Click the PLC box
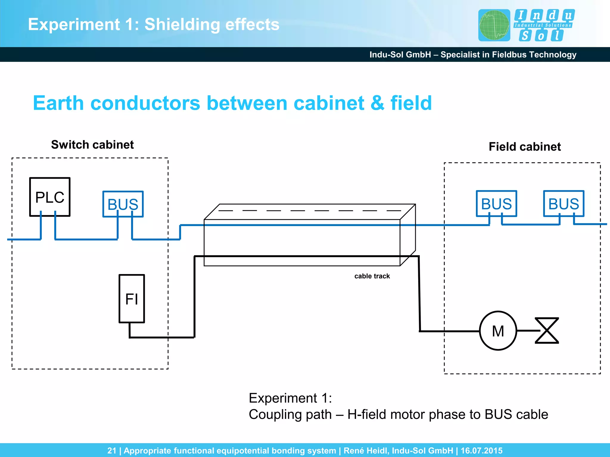point(50,197)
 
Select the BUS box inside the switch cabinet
point(123,204)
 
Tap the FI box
point(132,298)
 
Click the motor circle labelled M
point(498,331)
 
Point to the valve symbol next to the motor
point(547,331)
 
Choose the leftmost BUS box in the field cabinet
point(496,204)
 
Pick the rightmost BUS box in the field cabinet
point(564,204)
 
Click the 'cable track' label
point(372,276)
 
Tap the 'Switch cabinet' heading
point(92,145)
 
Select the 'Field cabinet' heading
point(525,147)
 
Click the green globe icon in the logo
point(494,25)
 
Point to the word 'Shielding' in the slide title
point(182,24)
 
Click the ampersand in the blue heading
point(377,103)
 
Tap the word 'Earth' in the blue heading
point(58,103)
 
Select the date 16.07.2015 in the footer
point(481,450)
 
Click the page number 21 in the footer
point(112,450)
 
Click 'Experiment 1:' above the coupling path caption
point(290,398)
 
